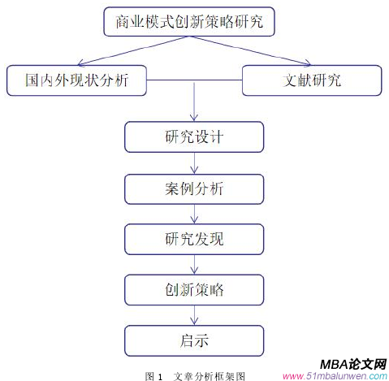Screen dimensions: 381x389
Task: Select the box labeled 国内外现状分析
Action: point(77,80)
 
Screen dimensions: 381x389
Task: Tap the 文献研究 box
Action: point(313,80)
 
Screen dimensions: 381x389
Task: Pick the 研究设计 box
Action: point(194,136)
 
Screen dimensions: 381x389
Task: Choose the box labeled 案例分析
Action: point(194,188)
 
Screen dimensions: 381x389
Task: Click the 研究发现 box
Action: point(194,239)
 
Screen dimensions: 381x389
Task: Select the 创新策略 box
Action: point(194,288)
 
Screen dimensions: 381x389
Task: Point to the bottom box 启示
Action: point(194,339)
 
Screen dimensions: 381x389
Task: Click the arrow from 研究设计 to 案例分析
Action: point(194,162)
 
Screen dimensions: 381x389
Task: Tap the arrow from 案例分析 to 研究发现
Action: point(194,214)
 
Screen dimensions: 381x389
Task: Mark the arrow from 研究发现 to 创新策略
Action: point(194,264)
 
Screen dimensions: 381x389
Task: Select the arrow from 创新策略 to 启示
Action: point(194,314)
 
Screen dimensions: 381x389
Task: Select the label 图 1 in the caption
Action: point(154,375)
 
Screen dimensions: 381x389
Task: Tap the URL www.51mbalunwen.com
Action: point(334,375)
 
